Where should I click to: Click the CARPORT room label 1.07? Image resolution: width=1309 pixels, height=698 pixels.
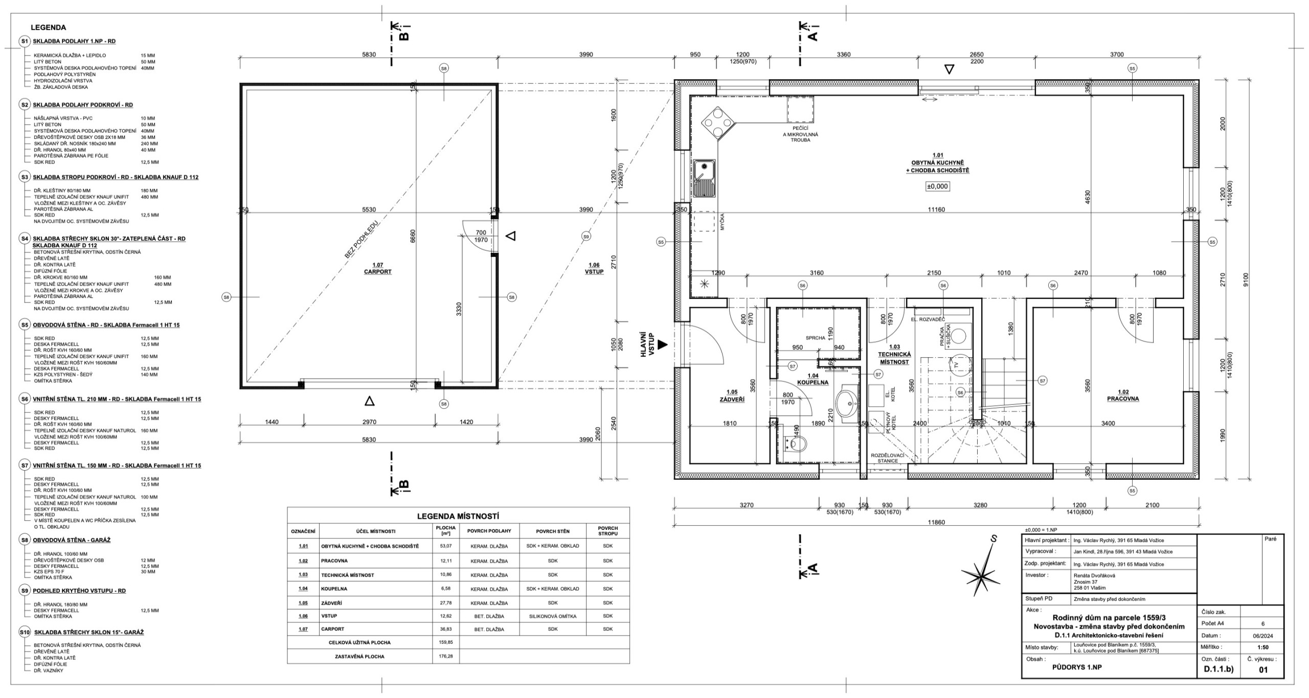coord(378,268)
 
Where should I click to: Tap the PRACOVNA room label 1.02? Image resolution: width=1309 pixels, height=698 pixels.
coord(1123,395)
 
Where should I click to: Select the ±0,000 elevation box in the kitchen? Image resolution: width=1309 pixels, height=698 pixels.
coord(937,187)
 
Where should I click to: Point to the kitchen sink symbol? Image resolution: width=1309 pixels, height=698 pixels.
coord(705,179)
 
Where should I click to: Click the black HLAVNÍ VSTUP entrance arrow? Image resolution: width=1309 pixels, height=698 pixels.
coord(663,345)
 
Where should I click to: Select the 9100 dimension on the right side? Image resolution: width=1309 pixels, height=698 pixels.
coord(1246,280)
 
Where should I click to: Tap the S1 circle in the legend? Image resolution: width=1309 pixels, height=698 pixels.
coord(24,41)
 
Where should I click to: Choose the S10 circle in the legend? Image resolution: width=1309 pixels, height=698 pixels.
coord(24,632)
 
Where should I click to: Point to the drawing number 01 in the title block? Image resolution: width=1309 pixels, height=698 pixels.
coord(1263,670)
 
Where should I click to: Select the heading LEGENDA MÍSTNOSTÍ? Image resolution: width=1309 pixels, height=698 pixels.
coord(458,516)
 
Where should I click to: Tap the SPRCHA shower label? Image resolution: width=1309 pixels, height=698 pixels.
coord(815,338)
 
